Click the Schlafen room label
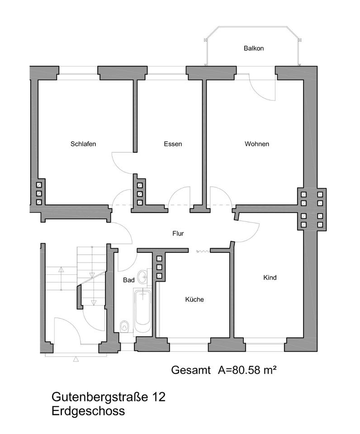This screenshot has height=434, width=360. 83,144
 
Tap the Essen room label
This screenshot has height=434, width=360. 173,144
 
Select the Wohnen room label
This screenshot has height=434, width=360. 257,144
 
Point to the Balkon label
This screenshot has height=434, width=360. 253,48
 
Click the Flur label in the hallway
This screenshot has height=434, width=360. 178,234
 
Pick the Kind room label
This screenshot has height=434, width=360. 270,278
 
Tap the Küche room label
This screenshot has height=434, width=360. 194,299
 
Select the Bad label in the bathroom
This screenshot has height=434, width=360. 128,280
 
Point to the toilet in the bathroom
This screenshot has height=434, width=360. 124,325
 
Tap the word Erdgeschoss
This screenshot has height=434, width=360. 88,411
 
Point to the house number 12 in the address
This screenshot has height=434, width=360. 159,397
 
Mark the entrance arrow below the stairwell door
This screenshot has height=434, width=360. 76,359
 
